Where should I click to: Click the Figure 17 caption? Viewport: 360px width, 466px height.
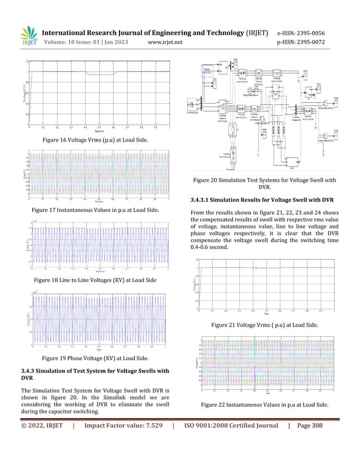[x=95, y=210]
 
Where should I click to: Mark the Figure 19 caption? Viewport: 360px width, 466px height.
[x=96, y=358]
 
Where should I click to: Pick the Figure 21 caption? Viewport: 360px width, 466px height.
[x=264, y=326]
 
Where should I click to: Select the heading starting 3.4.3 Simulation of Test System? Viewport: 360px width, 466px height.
[x=94, y=374]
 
